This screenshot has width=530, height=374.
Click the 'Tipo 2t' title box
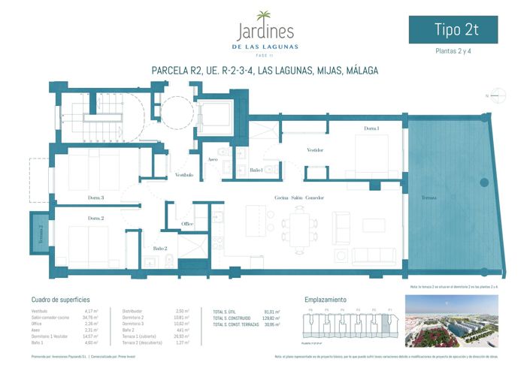point(453,30)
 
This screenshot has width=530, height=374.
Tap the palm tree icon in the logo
point(265,17)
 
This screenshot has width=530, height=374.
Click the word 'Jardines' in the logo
point(265,33)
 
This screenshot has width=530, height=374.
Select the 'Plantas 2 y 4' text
point(454,53)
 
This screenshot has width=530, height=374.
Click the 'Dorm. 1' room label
point(371,128)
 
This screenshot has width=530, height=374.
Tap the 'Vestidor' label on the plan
point(315,150)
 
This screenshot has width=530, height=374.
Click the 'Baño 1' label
point(256,170)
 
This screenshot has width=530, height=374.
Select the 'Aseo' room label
point(213,159)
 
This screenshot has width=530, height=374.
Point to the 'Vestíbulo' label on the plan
point(184,175)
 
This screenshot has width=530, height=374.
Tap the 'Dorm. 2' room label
point(95,218)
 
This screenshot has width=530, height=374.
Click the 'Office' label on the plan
point(188,224)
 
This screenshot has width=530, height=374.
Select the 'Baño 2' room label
point(159,248)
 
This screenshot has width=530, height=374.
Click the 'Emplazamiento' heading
point(326,299)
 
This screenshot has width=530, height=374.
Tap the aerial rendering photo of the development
point(451,321)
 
